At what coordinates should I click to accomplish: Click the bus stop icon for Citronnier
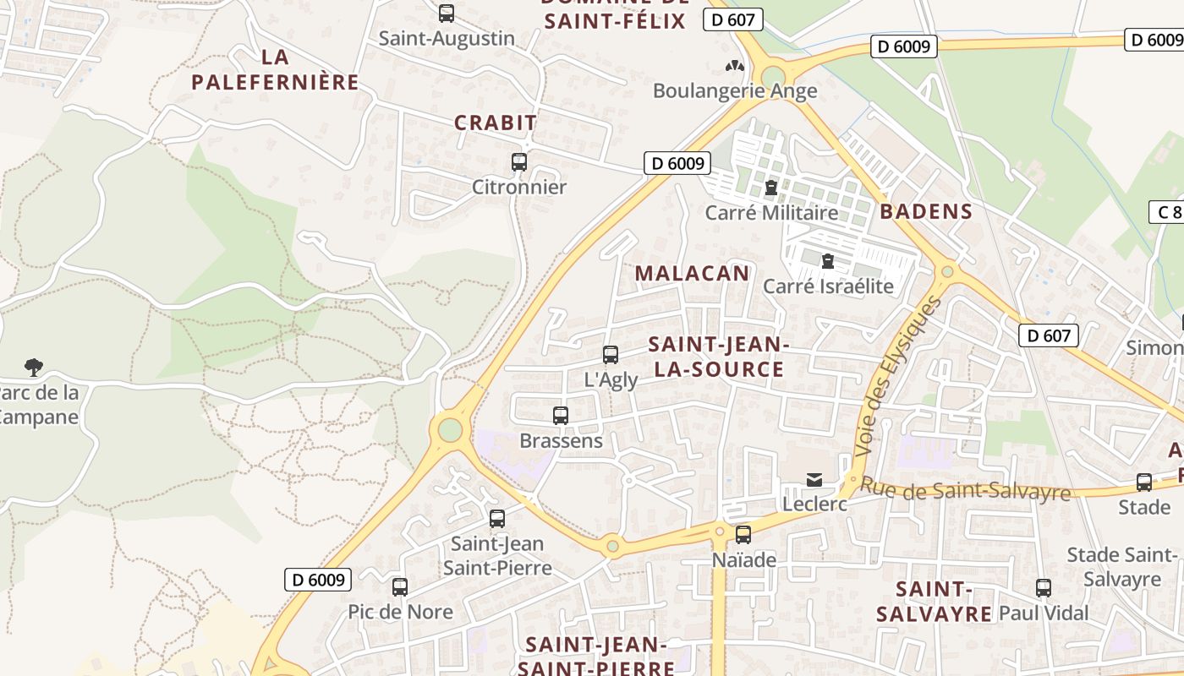(x=519, y=162)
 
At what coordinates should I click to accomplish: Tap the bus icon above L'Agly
(x=611, y=355)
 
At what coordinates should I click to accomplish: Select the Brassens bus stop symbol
(x=560, y=416)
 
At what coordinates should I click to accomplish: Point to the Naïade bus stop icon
(x=743, y=534)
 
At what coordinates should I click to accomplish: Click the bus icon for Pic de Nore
(x=400, y=586)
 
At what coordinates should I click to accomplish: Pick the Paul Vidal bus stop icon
(x=1044, y=588)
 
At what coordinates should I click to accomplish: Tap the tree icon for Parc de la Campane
(x=34, y=368)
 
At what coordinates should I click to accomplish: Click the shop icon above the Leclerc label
(x=814, y=480)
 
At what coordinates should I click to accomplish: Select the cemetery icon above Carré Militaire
(x=770, y=188)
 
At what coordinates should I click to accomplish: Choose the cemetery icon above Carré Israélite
(x=828, y=261)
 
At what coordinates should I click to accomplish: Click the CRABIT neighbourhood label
(x=496, y=123)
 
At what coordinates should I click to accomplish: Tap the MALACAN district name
(x=692, y=273)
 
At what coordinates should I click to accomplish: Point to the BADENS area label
(x=926, y=211)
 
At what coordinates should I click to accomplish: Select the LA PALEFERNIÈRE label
(x=276, y=70)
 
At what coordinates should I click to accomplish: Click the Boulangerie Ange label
(x=735, y=90)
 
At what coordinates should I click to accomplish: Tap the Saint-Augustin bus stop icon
(x=447, y=14)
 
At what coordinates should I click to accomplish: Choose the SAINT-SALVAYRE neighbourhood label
(x=934, y=602)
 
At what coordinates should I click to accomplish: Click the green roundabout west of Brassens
(x=450, y=430)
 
